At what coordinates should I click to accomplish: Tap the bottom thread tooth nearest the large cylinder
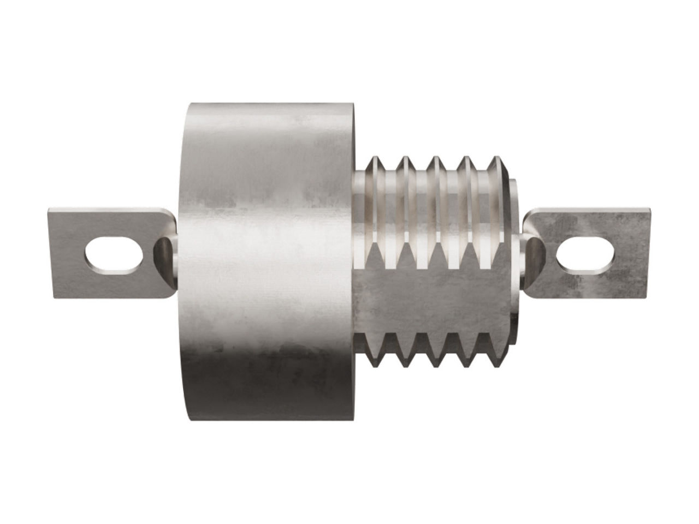376,360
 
